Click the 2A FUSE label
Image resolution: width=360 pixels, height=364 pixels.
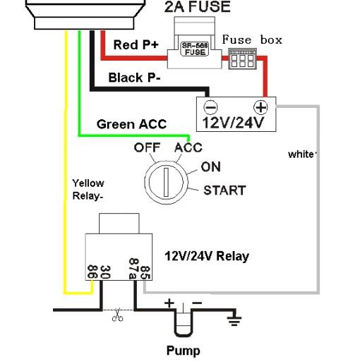pyautogui.click(x=197, y=6)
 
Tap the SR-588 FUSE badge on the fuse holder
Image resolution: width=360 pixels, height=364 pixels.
pyautogui.click(x=194, y=49)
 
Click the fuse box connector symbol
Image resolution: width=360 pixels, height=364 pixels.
pyautogui.click(x=242, y=59)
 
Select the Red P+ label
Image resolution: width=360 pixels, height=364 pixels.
pyautogui.click(x=136, y=44)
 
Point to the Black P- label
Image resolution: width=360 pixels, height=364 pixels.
pyautogui.click(x=134, y=78)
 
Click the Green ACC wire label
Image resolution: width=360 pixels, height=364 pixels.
pyautogui.click(x=131, y=124)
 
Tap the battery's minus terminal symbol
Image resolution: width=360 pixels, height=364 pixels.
pyautogui.click(x=210, y=107)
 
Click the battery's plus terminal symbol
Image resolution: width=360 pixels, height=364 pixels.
pyautogui.click(x=260, y=107)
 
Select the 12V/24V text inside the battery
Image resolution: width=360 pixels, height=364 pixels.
pyautogui.click(x=233, y=123)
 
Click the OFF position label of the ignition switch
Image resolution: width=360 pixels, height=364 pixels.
pyautogui.click(x=147, y=147)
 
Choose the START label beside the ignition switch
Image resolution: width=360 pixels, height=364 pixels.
pyautogui.click(x=224, y=190)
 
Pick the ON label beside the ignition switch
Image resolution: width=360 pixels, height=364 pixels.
pyautogui.click(x=211, y=166)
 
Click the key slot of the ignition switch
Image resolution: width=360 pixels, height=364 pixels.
pyautogui.click(x=166, y=182)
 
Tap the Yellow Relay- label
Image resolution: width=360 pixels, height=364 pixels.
pyautogui.click(x=88, y=190)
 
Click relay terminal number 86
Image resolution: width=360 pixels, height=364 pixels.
pyautogui.click(x=92, y=272)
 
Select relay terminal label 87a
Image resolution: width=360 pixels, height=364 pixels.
pyautogui.click(x=133, y=269)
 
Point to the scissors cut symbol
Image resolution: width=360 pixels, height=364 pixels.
pyautogui.click(x=117, y=315)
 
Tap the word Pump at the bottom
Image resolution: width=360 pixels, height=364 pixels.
pyautogui.click(x=184, y=351)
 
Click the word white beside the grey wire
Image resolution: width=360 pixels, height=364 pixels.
pyautogui.click(x=301, y=154)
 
